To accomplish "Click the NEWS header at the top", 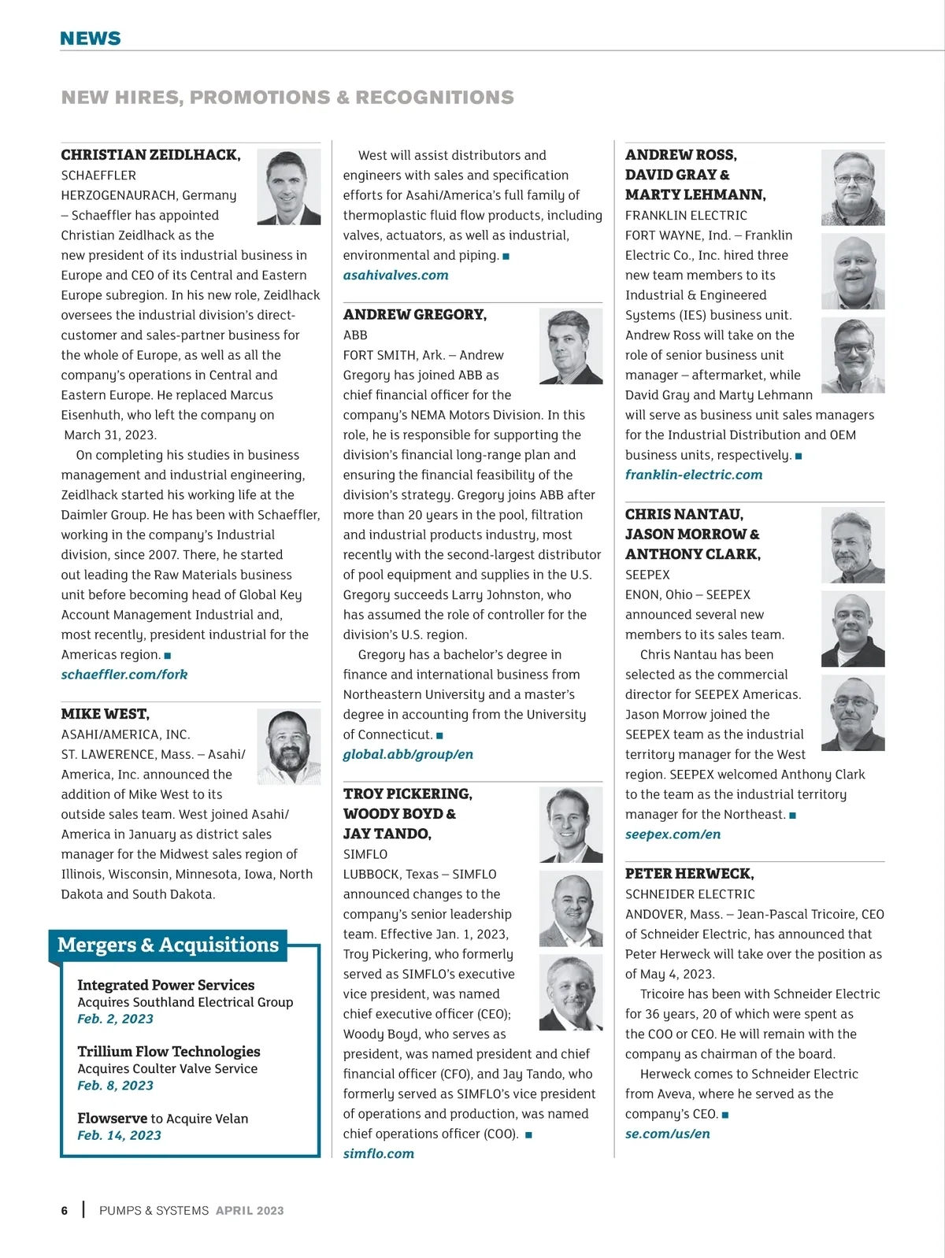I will coord(91,39).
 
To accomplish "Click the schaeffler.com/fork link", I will coord(124,675).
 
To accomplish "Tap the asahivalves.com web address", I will coord(395,276).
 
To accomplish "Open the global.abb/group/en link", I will coord(408,754).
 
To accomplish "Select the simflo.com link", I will coord(378,1153).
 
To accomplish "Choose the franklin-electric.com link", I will coord(694,475).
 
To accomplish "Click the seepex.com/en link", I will coord(673,834).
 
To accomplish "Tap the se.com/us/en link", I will coord(667,1134).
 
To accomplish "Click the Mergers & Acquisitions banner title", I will coord(168,945).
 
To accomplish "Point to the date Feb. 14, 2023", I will coord(119,1135).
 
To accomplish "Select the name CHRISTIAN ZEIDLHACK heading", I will coord(150,155).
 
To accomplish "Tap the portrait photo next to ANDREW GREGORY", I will coord(570,346).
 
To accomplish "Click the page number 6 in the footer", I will coord(65,1211).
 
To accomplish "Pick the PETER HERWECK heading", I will coord(689,874).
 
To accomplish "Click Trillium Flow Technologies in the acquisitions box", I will coord(169,1052).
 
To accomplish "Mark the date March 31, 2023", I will coord(110,435).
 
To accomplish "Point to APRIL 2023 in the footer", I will coord(250,1211).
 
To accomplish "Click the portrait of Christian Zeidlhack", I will coord(288,187).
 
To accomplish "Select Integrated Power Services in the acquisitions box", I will coord(165,985).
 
